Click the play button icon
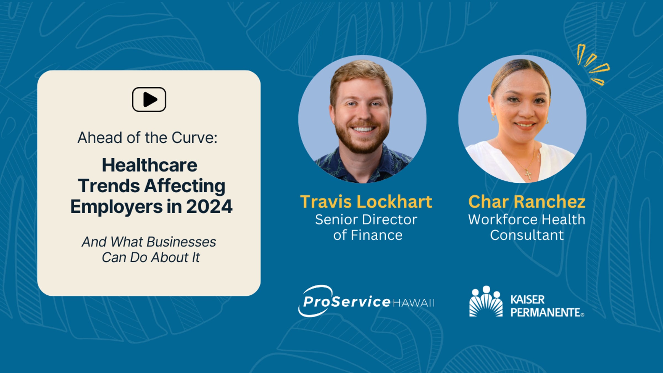[x=149, y=99]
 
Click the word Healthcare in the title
[x=150, y=165]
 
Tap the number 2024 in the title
[x=209, y=206]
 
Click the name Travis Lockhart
[x=366, y=202]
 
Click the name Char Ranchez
[x=527, y=202]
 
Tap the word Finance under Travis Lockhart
[x=377, y=235]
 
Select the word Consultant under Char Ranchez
[x=527, y=235]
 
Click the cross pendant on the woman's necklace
[x=528, y=175]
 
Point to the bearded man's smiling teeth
[x=363, y=129]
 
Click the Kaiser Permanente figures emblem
[x=486, y=301]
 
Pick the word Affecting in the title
[x=185, y=186]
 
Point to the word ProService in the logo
[x=346, y=301]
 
